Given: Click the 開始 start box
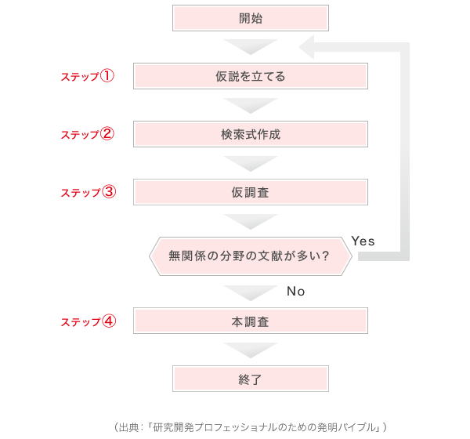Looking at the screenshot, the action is pyautogui.click(x=251, y=18).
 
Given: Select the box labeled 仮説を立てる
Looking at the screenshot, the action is pyautogui.click(x=251, y=76).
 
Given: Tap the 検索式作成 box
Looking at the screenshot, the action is pyautogui.click(x=251, y=134).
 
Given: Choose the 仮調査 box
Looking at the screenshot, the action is pyautogui.click(x=251, y=192).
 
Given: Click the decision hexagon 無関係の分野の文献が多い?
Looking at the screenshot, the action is pyautogui.click(x=251, y=256).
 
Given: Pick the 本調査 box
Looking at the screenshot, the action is pyautogui.click(x=251, y=321).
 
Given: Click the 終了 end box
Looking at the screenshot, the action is pyautogui.click(x=251, y=379).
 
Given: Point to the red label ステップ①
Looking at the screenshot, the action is pyautogui.click(x=88, y=76).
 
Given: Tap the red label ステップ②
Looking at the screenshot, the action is pyautogui.click(x=88, y=134).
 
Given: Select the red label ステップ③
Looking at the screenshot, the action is pyautogui.click(x=89, y=192).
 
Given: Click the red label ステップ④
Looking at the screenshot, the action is pyautogui.click(x=89, y=321).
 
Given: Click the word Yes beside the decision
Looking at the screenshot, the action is pyautogui.click(x=363, y=241).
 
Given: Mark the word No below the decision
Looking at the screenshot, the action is pyautogui.click(x=296, y=291).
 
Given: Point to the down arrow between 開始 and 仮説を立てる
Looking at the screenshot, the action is pyautogui.click(x=251, y=46).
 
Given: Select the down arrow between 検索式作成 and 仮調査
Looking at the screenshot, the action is pyautogui.click(x=251, y=163).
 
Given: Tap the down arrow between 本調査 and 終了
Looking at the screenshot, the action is pyautogui.click(x=251, y=350).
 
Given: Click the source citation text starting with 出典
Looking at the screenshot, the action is pyautogui.click(x=251, y=427).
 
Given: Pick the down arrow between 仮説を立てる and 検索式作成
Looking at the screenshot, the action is pyautogui.click(x=251, y=105).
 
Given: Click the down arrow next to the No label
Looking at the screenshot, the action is pyautogui.click(x=251, y=292).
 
